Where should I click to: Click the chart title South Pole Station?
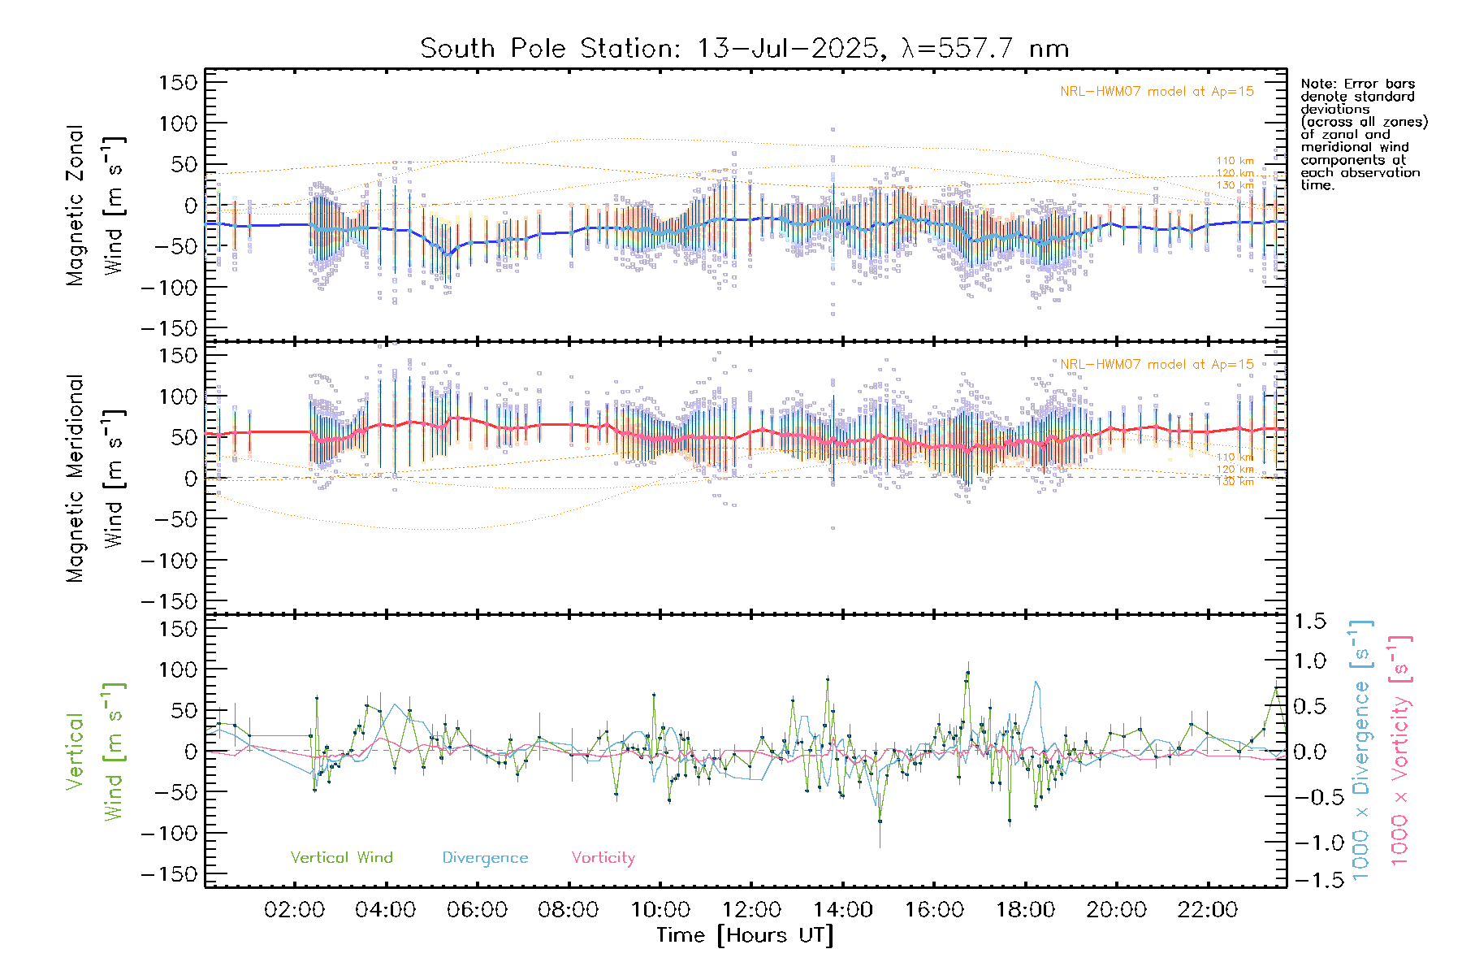coord(743,49)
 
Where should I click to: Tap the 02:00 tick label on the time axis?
coord(294,910)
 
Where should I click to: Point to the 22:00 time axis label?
coord(1208,910)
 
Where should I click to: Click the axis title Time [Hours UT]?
coord(745,936)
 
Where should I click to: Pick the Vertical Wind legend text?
coord(341,858)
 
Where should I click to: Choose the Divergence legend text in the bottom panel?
coord(485,858)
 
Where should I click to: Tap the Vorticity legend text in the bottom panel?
coord(603,858)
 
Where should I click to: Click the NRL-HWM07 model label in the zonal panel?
coord(1157,92)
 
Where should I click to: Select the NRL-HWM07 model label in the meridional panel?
coord(1157,365)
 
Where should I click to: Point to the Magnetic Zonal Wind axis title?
coord(96,206)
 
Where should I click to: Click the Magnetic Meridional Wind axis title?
coord(96,479)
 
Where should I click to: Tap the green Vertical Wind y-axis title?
coord(96,752)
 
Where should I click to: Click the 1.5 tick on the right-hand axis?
coord(1309,622)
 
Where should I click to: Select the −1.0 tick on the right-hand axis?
coord(1309,843)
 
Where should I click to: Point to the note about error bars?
coord(1363,134)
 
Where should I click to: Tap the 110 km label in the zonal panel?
coord(1235,161)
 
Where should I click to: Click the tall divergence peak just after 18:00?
coord(1036,682)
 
